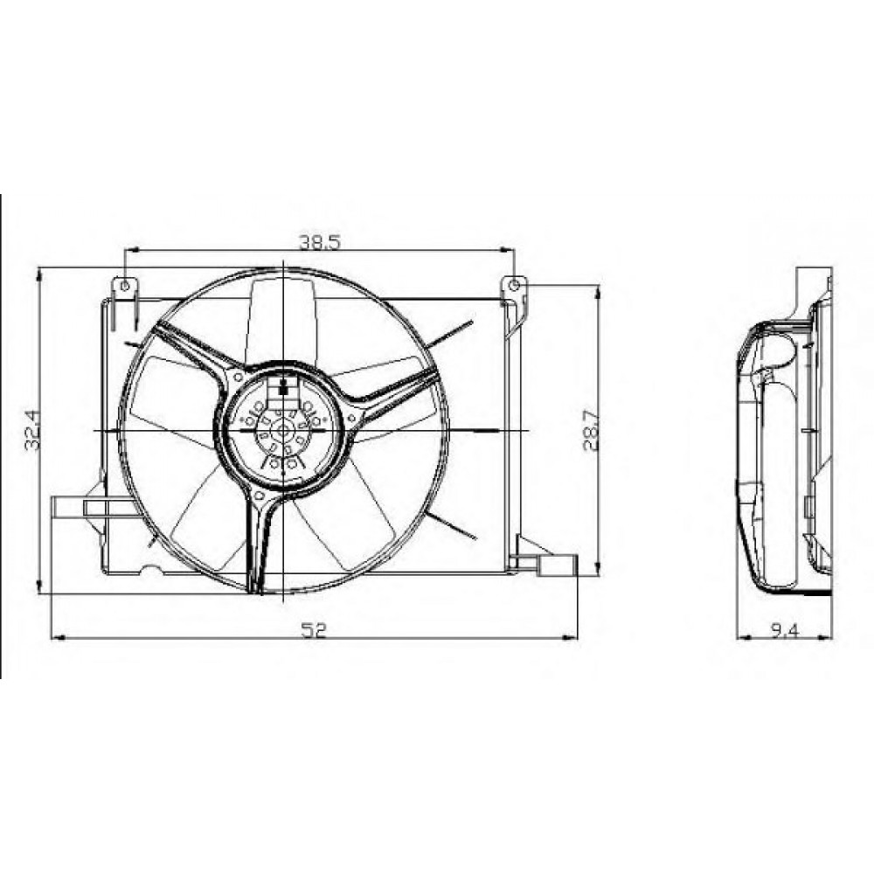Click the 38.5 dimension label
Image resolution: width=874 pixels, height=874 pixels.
coord(319,242)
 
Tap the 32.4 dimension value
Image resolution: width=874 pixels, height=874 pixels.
coord(33,430)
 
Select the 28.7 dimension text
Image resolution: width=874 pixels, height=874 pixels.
coord(591,430)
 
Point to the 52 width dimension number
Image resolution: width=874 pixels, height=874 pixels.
coord(313,630)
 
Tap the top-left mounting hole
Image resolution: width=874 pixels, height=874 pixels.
coord(125,286)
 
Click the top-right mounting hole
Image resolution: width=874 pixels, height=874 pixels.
coord(515,286)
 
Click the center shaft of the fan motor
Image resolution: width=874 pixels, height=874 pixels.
coord(284,430)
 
